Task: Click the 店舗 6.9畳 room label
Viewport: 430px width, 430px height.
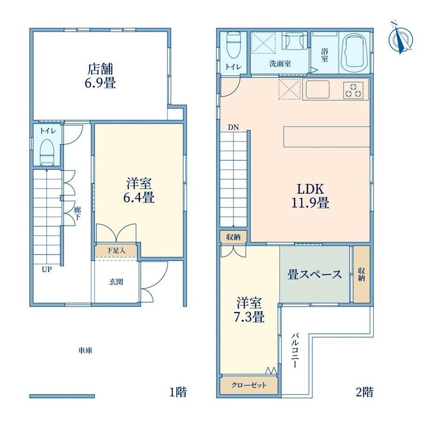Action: click(100, 76)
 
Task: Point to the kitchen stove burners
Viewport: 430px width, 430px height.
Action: click(353, 91)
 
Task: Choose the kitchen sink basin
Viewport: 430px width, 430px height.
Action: click(317, 89)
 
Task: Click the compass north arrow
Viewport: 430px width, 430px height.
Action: click(401, 39)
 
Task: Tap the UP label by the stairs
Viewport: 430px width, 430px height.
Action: click(47, 270)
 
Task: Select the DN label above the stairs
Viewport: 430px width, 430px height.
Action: click(233, 127)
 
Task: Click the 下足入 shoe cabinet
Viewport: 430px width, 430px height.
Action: click(116, 251)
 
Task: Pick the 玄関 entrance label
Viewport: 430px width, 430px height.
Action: click(116, 282)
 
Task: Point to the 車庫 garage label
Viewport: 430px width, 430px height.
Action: click(85, 351)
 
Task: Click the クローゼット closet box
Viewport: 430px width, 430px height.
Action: click(249, 385)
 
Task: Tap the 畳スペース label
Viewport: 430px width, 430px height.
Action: click(315, 274)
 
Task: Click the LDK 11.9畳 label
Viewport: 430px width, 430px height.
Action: click(310, 196)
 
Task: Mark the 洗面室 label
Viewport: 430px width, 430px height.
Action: click(280, 64)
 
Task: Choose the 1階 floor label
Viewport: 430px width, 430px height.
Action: click(178, 392)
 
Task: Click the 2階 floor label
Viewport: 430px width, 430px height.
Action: click(365, 392)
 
